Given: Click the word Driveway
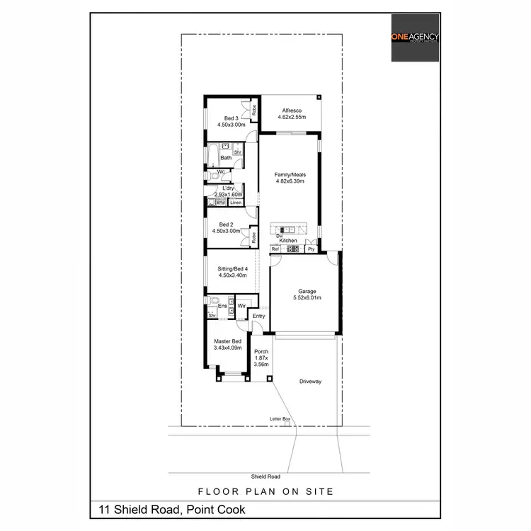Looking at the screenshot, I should [x=310, y=382].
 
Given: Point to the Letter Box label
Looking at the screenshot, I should [x=280, y=419].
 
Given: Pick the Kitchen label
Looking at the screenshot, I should [x=287, y=241].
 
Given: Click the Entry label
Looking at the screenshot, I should [x=258, y=316].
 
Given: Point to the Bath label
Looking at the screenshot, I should [x=225, y=158].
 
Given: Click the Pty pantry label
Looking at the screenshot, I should [x=310, y=249].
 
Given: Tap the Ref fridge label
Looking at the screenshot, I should [x=275, y=249].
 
